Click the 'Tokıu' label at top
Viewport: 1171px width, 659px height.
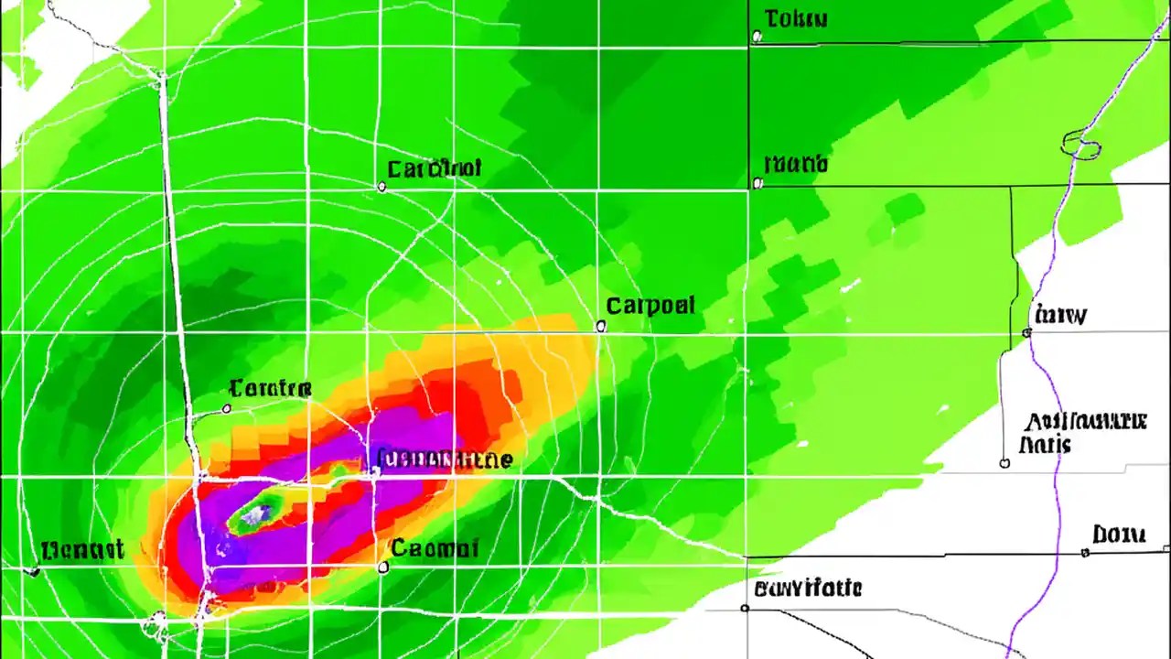tap(796, 18)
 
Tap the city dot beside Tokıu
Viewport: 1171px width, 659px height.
tap(757, 37)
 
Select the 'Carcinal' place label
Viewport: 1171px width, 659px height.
tap(434, 169)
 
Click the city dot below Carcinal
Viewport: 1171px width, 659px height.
tap(381, 187)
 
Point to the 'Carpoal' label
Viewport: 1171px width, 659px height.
tap(650, 306)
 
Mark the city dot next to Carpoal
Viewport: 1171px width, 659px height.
tap(601, 326)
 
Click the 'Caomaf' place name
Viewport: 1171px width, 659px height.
tap(435, 548)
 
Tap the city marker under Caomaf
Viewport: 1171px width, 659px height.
tap(383, 567)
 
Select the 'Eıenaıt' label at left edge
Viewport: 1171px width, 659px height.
tap(82, 550)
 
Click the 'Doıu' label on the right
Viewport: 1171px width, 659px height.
tap(1119, 535)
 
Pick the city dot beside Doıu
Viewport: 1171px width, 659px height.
tap(1085, 552)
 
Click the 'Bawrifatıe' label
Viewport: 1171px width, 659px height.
tap(808, 588)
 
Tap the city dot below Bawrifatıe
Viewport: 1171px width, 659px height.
tap(746, 608)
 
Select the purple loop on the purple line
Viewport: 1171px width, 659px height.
tap(1080, 144)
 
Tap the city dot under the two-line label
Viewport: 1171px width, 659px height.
tap(1004, 463)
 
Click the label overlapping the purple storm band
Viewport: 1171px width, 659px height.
tap(445, 459)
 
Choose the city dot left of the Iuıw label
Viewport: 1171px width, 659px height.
tap(1026, 333)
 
